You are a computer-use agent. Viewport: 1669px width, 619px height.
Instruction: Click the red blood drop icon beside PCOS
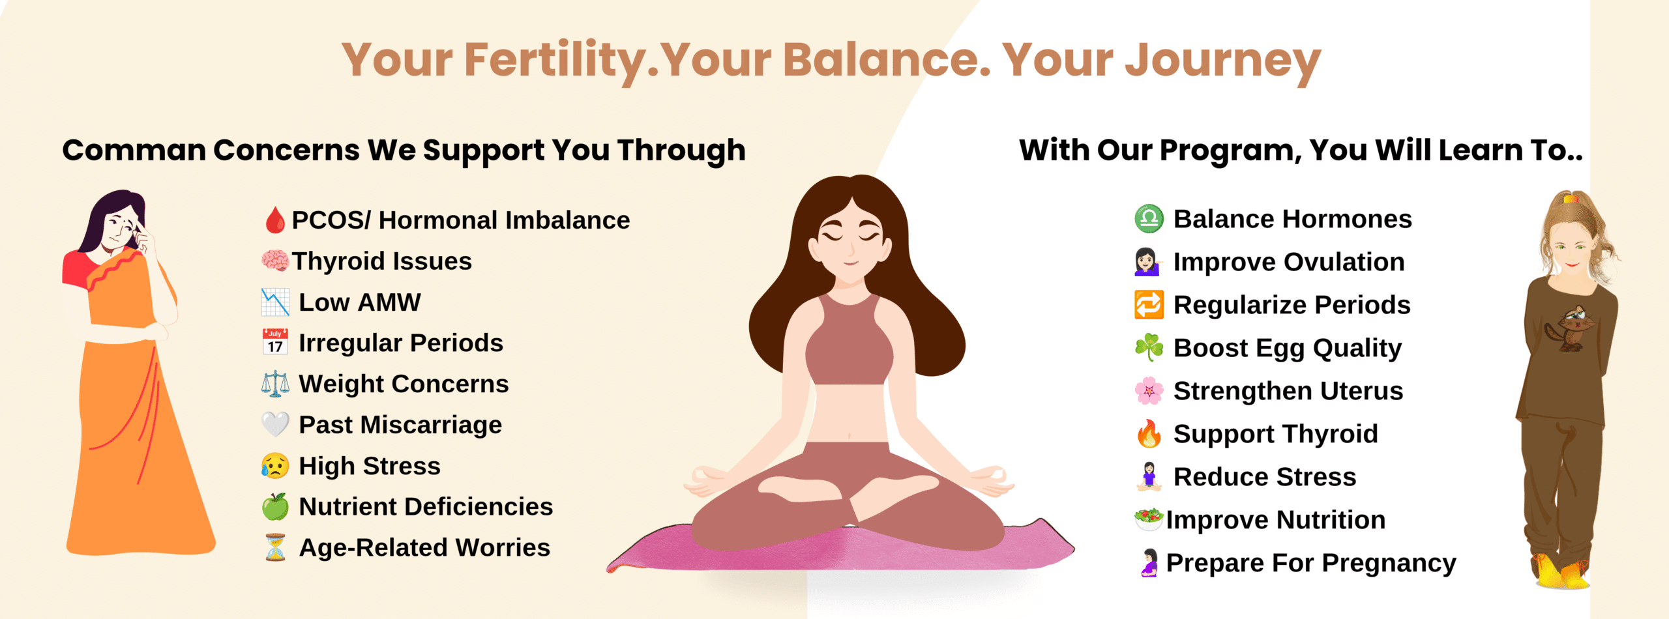tap(275, 220)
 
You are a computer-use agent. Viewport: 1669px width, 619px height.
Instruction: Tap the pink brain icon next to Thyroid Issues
tap(275, 261)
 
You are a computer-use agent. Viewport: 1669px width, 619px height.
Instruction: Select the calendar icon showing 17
tap(275, 342)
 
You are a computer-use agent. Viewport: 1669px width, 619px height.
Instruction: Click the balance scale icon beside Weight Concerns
tap(275, 384)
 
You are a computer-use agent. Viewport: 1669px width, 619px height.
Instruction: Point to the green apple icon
tap(275, 506)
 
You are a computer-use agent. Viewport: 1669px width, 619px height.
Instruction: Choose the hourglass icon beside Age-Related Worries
tap(276, 547)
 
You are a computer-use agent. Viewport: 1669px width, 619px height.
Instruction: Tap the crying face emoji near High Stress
tap(275, 466)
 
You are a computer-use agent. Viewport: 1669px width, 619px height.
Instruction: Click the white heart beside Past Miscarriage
tap(275, 425)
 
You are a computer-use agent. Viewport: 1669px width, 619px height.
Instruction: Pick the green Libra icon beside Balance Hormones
tap(1149, 219)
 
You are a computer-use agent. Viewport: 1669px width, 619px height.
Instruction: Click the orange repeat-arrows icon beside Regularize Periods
tap(1149, 305)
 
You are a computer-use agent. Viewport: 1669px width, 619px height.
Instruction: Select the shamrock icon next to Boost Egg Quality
tap(1149, 347)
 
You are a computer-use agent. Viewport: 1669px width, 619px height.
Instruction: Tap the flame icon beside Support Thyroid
tap(1149, 433)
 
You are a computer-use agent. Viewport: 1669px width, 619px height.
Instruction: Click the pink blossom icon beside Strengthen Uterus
tap(1149, 391)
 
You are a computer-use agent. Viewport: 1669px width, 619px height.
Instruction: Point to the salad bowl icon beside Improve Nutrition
tap(1149, 519)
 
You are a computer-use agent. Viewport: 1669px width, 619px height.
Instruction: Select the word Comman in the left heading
tap(134, 151)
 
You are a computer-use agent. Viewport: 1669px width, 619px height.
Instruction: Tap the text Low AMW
tap(360, 302)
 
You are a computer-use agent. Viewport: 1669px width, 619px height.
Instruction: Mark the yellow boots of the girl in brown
tap(1561, 572)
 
